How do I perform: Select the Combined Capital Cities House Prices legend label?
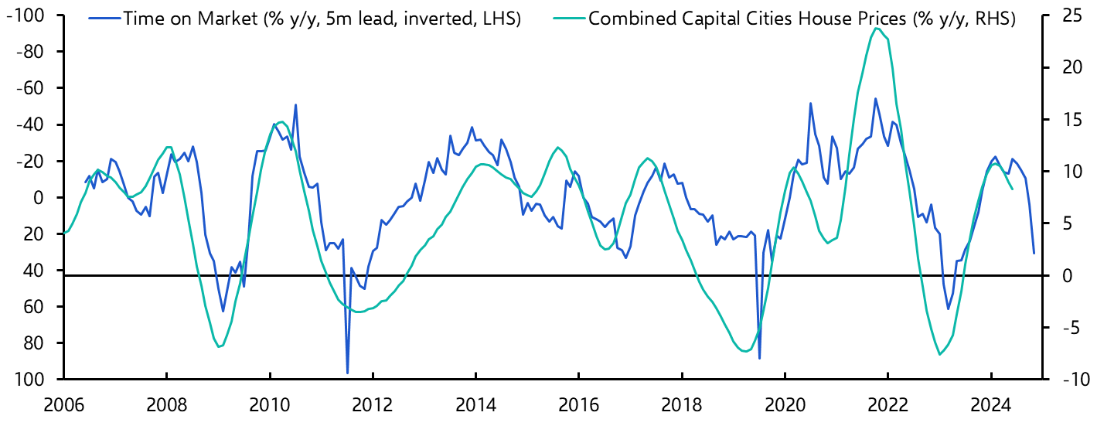point(802,19)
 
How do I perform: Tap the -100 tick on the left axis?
point(26,16)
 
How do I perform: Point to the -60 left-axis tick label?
point(29,89)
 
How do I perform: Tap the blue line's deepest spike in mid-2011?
point(347,373)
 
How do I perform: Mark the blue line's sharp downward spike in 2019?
point(759,358)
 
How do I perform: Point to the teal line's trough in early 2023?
point(940,354)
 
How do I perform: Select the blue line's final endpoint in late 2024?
point(1034,253)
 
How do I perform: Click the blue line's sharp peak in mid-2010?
point(295,105)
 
